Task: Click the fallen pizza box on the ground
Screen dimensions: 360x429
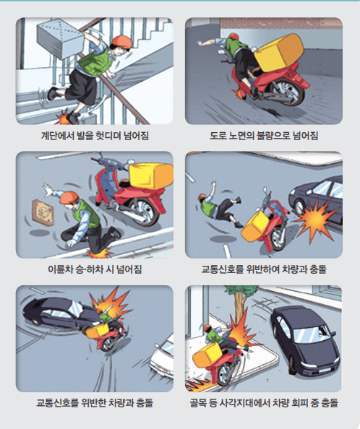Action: pyautogui.click(x=43, y=213)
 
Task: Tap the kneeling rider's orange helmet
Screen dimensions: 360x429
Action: pyautogui.click(x=69, y=198)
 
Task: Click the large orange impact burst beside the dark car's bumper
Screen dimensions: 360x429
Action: pyautogui.click(x=315, y=220)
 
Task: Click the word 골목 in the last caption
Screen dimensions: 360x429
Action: pyautogui.click(x=198, y=403)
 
